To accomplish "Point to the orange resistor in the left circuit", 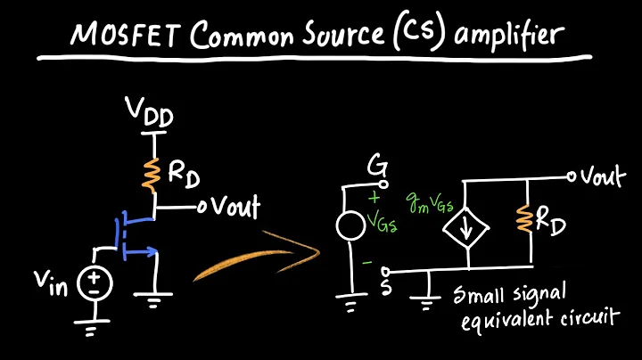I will [153, 174].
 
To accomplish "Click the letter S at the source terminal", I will [361, 285].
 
